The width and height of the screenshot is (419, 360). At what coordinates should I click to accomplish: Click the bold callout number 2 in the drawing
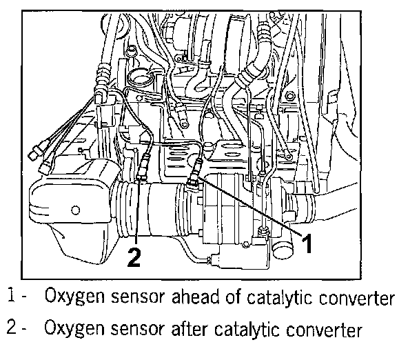[x=135, y=257]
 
